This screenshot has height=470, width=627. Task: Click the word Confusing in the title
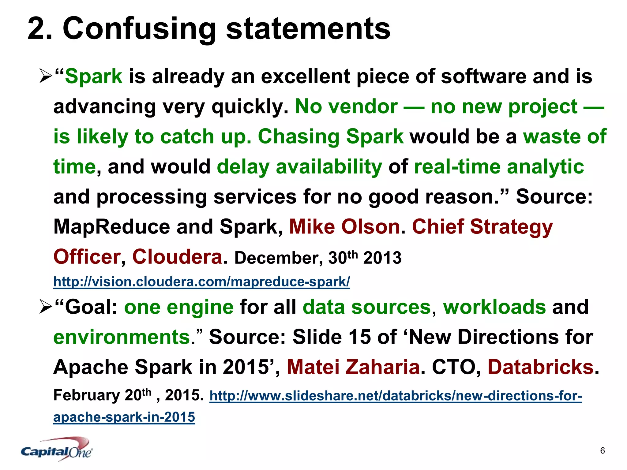[x=139, y=29]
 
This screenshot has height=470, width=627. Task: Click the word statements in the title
[x=308, y=29]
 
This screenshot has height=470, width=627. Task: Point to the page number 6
[x=602, y=450]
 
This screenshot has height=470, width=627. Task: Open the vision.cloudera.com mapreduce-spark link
[x=201, y=282]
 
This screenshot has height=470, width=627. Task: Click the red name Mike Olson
[x=344, y=227]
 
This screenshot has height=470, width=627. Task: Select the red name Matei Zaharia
[x=353, y=367]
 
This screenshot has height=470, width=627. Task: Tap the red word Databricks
[x=541, y=367]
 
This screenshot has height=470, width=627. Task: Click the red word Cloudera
[x=177, y=257]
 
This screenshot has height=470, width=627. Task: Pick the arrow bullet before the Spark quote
[x=46, y=76]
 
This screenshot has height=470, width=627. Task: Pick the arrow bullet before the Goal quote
[x=46, y=307]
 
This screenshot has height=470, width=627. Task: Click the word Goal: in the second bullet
[x=91, y=307]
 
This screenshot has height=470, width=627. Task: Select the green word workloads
[x=494, y=307]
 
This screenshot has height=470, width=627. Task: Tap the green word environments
[x=122, y=337]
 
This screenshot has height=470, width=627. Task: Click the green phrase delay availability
[x=299, y=167]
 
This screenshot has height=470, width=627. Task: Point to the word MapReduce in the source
[x=112, y=227]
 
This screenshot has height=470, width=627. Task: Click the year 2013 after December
[x=382, y=258]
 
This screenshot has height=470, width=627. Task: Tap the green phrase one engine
[x=179, y=307]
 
